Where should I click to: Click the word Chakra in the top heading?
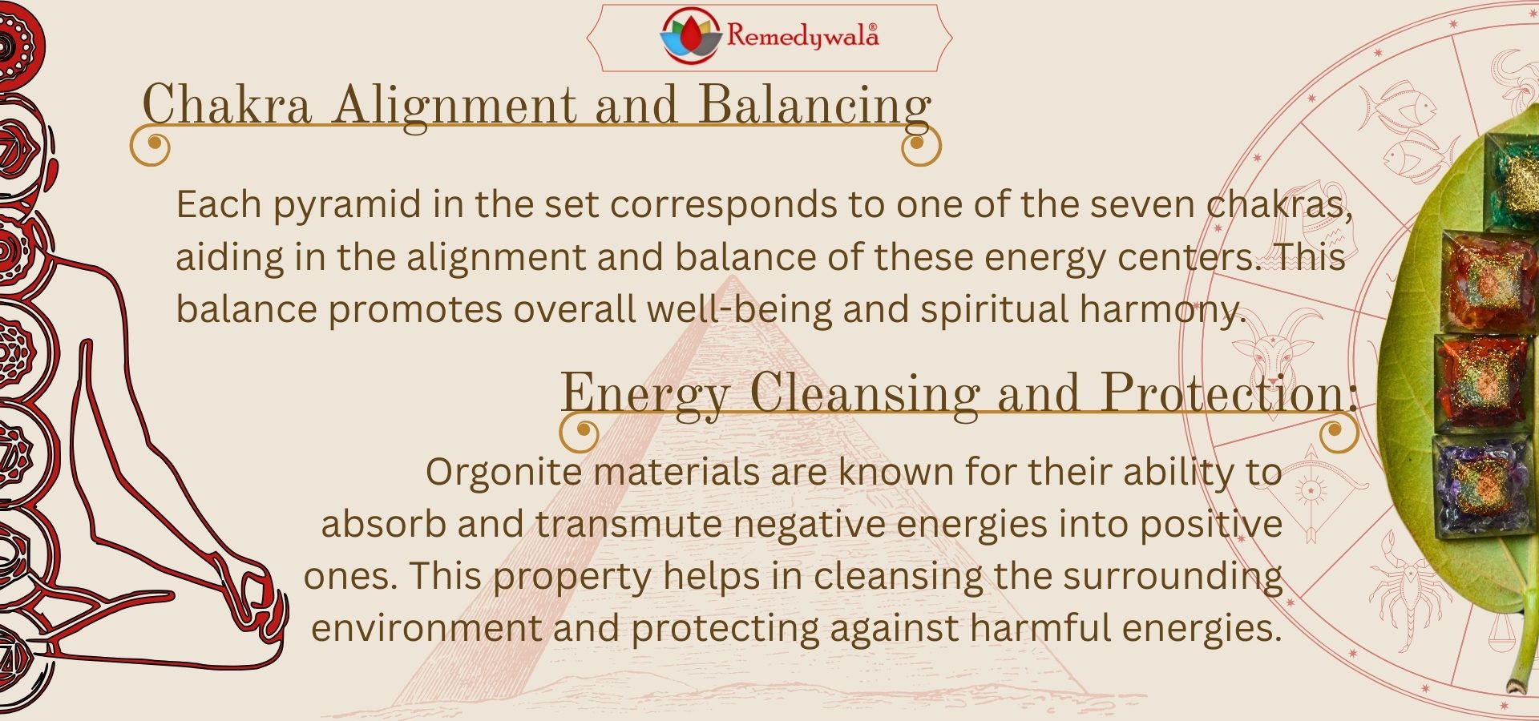[x=227, y=105]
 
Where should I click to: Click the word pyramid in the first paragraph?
[x=347, y=205]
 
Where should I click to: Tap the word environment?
[x=426, y=628]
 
